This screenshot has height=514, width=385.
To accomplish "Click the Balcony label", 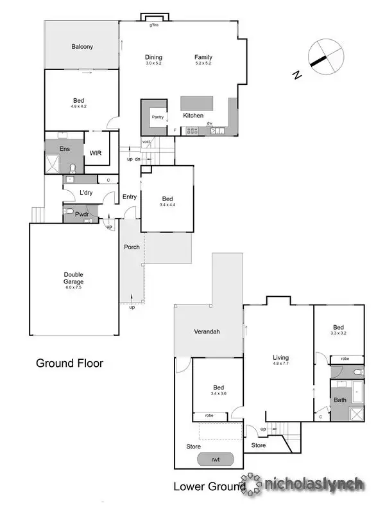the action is click(x=81, y=46).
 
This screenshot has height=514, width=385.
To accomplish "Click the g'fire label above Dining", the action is click(x=154, y=25).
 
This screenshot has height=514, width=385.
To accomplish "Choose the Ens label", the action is click(x=65, y=148).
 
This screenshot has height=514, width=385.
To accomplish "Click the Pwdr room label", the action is click(x=81, y=214).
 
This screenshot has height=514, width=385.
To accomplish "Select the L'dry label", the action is click(x=87, y=193).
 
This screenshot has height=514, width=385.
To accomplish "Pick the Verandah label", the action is click(x=207, y=332).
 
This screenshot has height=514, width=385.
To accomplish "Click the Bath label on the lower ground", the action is click(x=339, y=400).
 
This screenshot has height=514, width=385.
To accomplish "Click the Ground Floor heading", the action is click(x=69, y=363).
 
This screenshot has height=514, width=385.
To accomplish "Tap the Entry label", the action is click(x=129, y=197).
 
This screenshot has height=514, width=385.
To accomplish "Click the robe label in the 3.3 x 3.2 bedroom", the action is click(x=345, y=359).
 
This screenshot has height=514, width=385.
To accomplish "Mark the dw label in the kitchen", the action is click(x=209, y=123).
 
